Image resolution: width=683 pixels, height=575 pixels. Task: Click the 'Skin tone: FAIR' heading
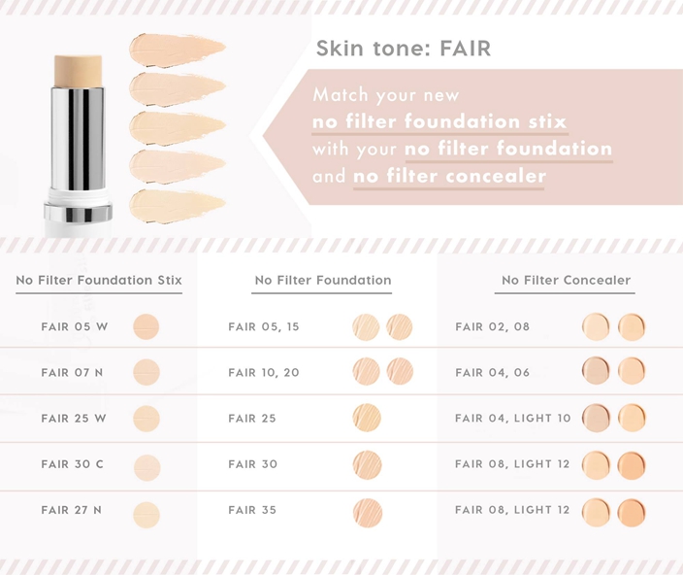pos(404,48)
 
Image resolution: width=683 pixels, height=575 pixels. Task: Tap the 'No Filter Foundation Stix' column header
pos(99,280)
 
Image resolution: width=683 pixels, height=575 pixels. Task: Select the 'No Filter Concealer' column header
pos(566,280)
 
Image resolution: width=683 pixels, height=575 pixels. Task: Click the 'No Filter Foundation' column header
pos(323,280)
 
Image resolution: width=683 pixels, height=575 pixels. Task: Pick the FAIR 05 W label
pos(75,326)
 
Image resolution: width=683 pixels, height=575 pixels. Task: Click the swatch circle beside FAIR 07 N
pos(146,372)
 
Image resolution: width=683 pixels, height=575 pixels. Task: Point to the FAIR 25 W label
pos(74,418)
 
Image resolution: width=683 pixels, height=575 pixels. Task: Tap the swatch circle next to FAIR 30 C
pos(147,468)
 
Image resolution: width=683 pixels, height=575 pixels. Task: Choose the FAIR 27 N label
pos(72,510)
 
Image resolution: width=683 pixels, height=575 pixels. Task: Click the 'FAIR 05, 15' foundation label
pos(264,326)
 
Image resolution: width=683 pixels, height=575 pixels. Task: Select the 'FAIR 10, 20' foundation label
pos(264,372)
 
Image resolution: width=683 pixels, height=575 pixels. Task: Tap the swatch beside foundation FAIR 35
pos(368,513)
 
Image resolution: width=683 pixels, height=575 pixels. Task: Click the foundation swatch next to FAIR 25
pos(367,418)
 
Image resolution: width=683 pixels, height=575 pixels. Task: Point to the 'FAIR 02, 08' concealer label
pos(492,326)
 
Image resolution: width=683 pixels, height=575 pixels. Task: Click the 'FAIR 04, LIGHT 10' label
pos(512,418)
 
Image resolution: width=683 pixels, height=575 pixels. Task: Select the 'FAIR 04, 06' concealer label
pos(492,372)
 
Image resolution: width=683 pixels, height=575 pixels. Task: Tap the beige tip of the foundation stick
pos(79,71)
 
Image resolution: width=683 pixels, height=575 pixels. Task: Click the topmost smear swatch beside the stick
pos(177,51)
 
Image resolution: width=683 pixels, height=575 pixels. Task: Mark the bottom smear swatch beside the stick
pos(177,206)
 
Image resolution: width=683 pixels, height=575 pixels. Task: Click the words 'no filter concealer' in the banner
pos(449,176)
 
